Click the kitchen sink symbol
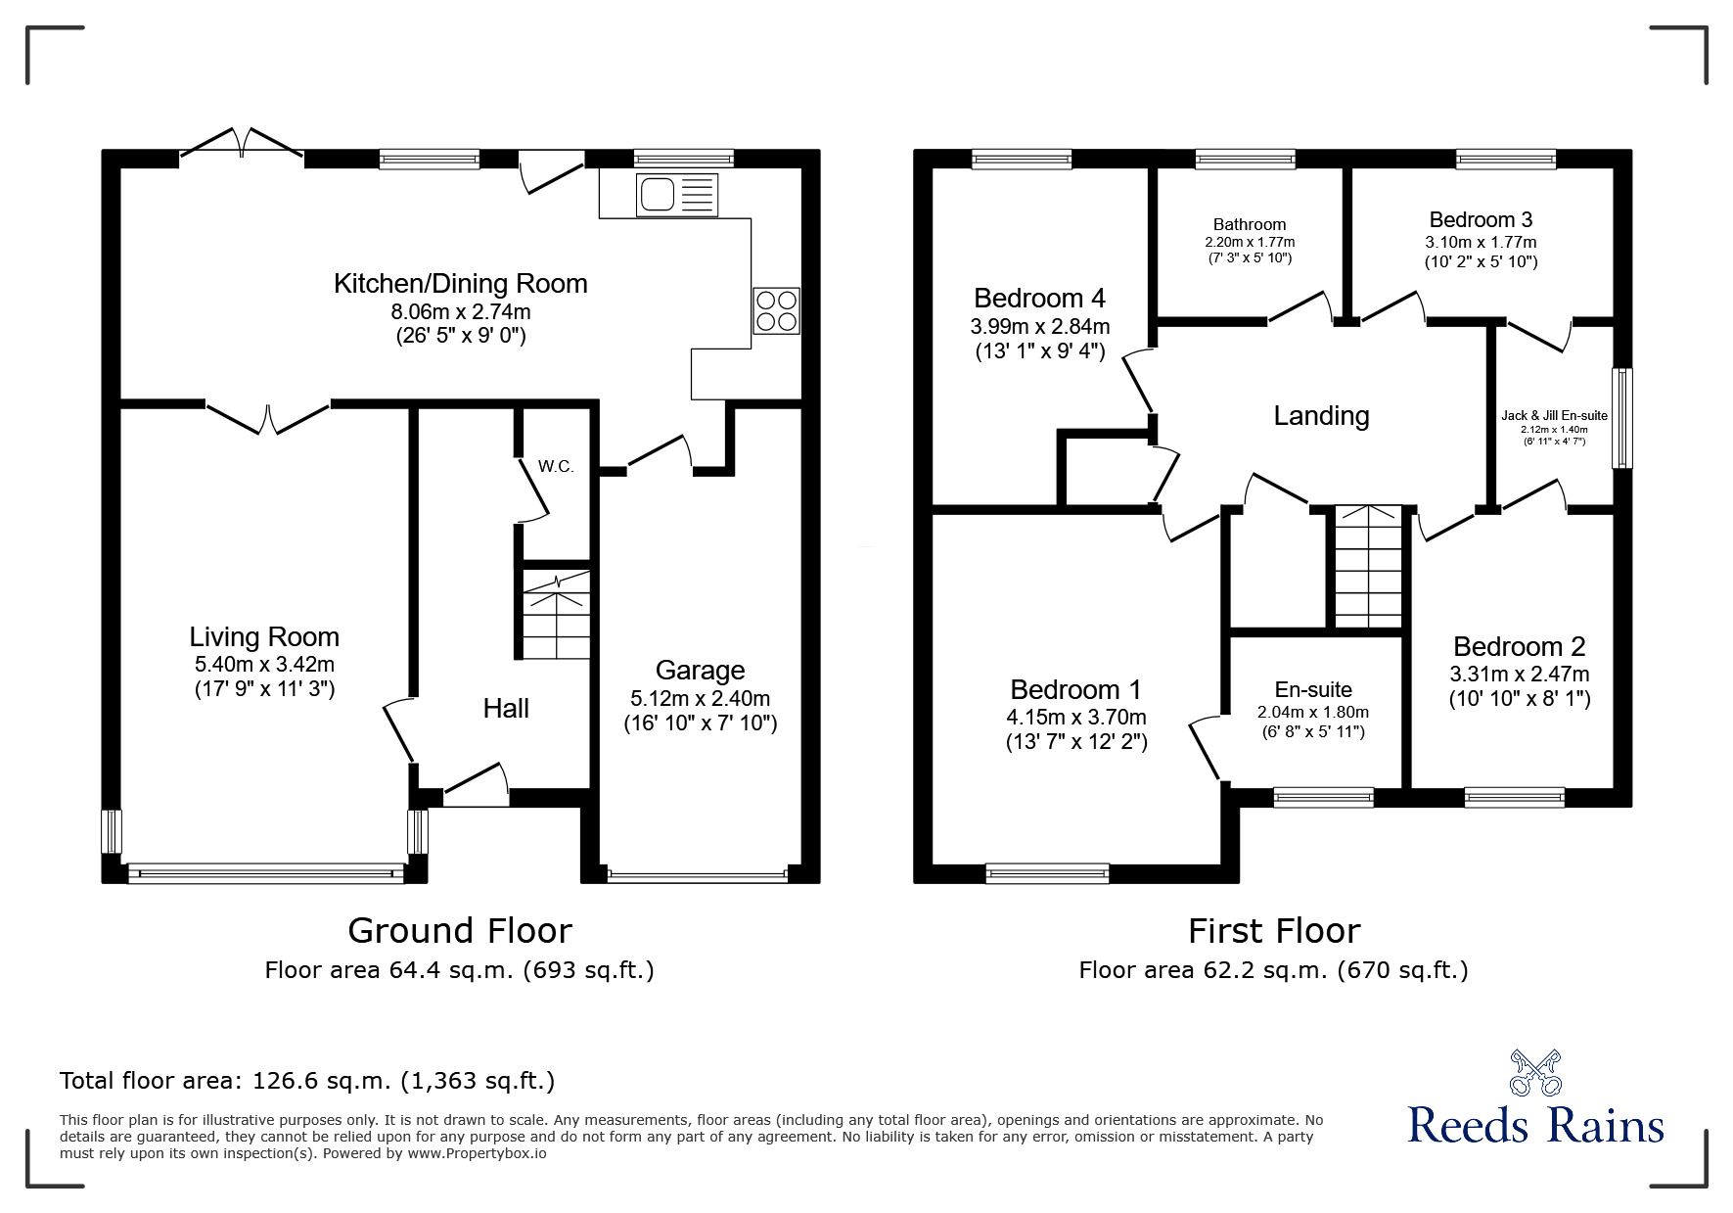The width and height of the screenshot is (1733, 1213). (676, 195)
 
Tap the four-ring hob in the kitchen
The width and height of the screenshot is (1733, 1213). (776, 310)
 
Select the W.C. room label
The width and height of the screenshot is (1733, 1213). (556, 467)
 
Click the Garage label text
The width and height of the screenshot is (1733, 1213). (700, 671)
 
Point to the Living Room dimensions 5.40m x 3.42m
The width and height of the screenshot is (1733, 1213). (264, 665)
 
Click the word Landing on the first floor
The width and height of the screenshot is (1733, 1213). (1320, 416)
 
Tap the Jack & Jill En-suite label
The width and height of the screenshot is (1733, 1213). (1554, 416)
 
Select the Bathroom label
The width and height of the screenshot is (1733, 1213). (1249, 225)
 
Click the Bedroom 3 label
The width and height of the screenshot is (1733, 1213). (1480, 220)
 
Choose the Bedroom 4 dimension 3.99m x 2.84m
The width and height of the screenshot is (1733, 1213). (1039, 326)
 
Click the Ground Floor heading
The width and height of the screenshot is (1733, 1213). (459, 930)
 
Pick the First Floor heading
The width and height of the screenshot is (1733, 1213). (1273, 930)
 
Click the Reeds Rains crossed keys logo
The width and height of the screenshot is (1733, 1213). (1535, 1074)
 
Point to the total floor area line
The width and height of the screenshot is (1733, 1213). (307, 1081)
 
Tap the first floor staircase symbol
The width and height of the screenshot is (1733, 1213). (1368, 568)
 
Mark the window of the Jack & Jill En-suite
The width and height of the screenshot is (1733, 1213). (1621, 418)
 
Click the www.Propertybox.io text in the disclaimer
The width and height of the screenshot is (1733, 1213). (477, 1153)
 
